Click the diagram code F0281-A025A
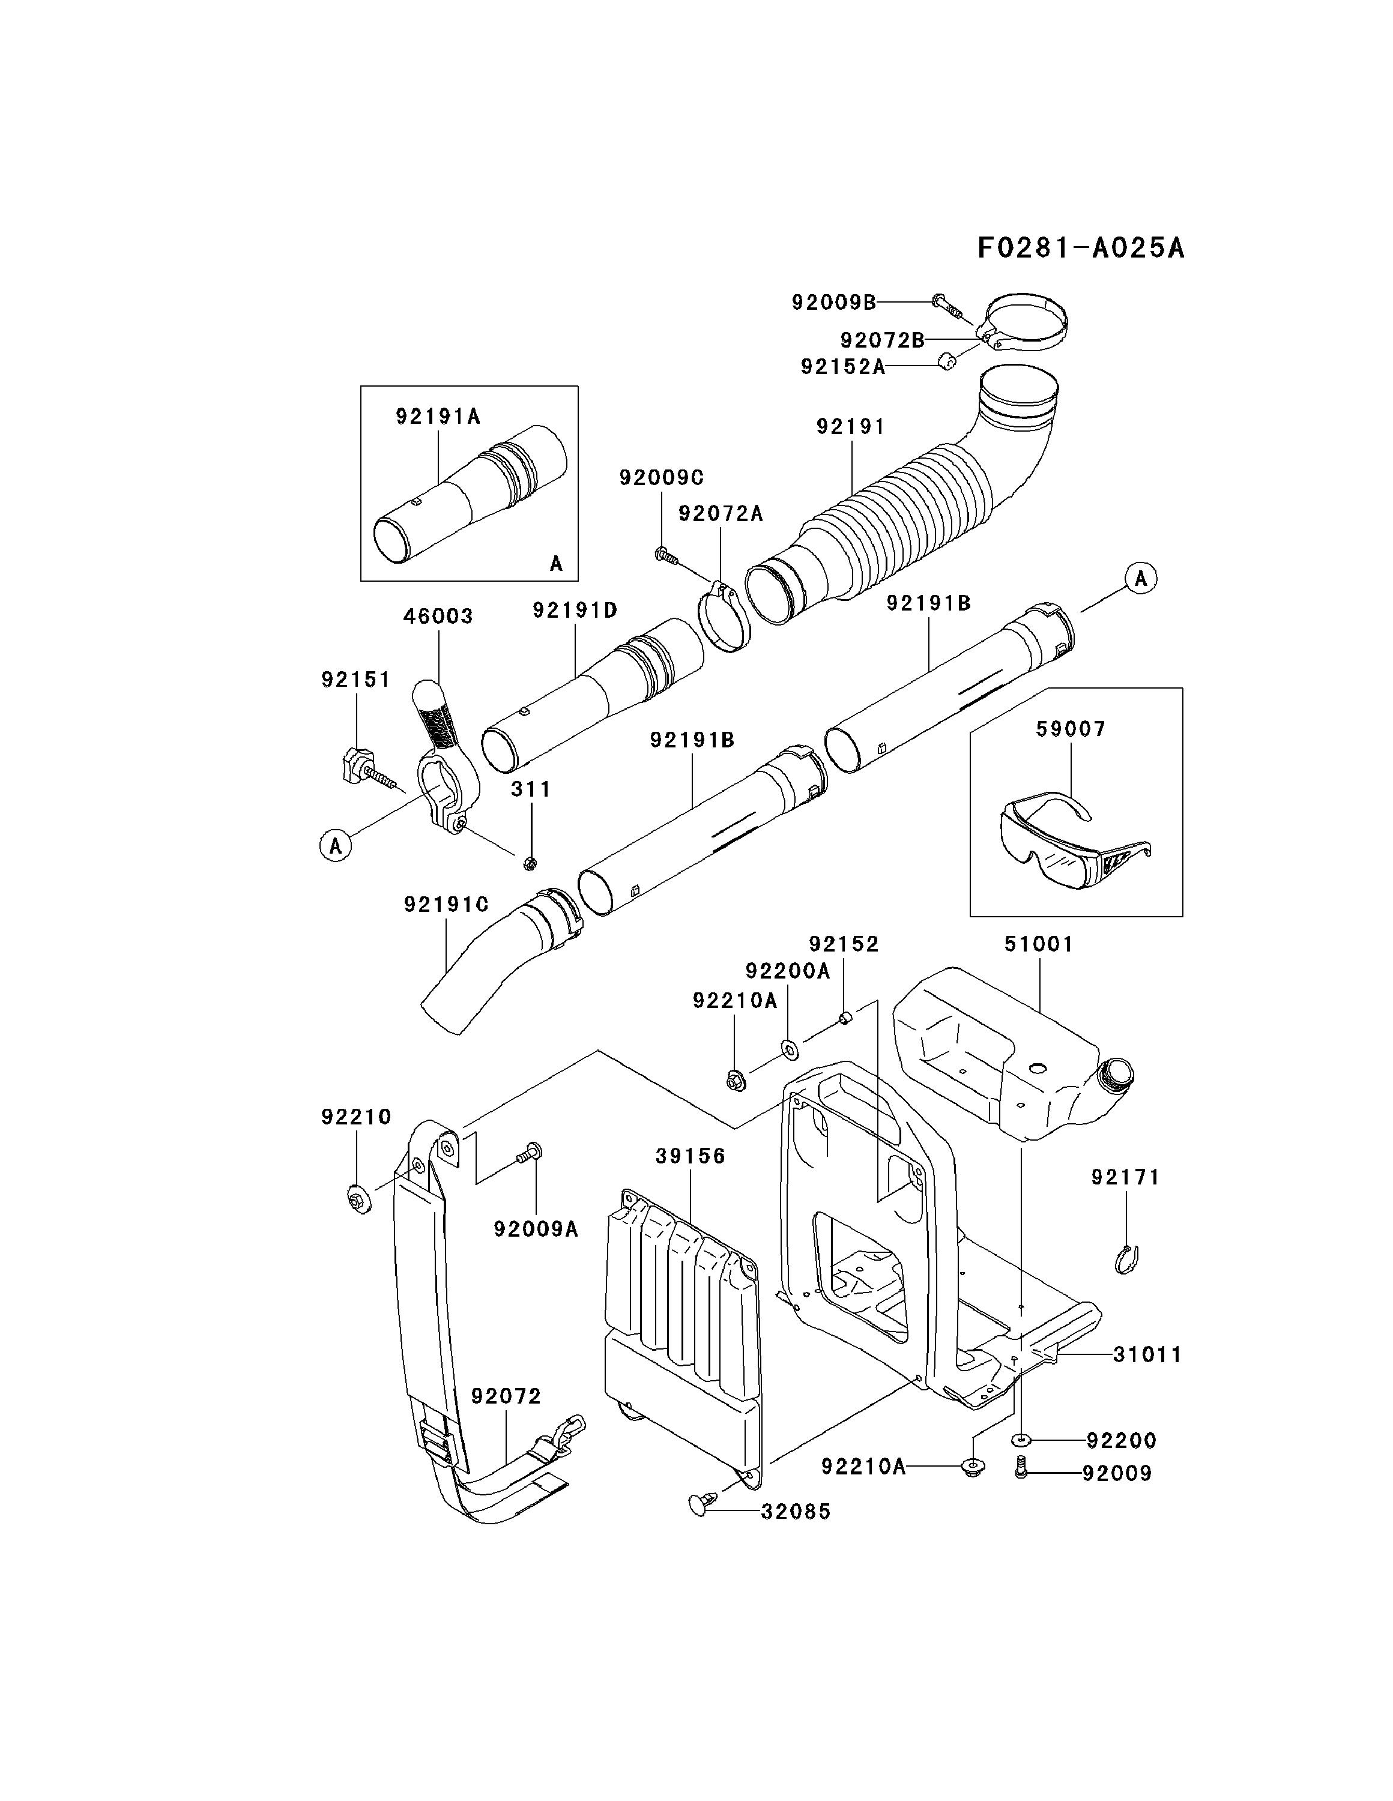click(1080, 247)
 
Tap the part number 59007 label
click(1071, 729)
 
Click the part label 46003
click(438, 616)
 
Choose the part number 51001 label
click(1038, 944)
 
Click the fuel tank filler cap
click(1117, 1073)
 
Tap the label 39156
click(690, 1157)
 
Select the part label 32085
click(796, 1512)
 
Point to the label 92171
click(1125, 1178)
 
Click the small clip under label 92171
click(1125, 1260)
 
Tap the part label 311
click(530, 789)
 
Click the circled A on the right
click(1141, 579)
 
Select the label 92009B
click(834, 303)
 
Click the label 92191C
click(446, 905)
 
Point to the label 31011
click(1147, 1354)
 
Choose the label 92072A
click(721, 514)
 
